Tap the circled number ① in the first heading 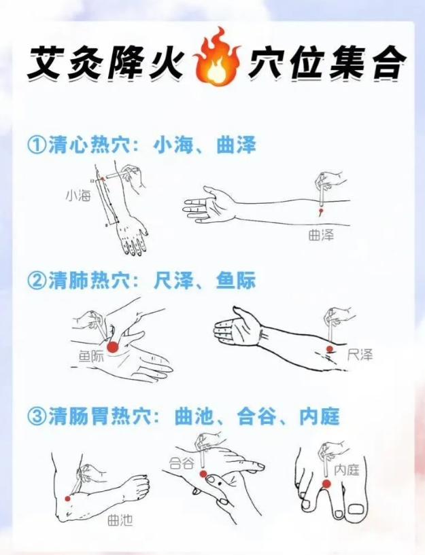(35, 145)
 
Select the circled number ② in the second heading (35, 281)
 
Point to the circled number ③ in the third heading (35, 416)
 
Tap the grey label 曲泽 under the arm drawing (321, 235)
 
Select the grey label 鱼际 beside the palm (91, 355)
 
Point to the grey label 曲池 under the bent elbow (121, 520)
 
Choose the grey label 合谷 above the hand (182, 463)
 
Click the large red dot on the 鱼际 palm (112, 347)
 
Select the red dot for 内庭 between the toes (326, 484)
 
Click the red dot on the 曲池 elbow (67, 499)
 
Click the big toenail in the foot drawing (357, 508)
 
